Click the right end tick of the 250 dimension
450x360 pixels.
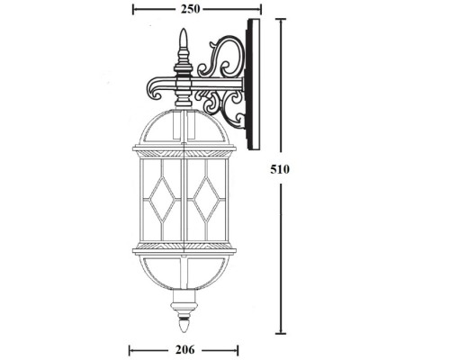[x=261, y=9]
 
